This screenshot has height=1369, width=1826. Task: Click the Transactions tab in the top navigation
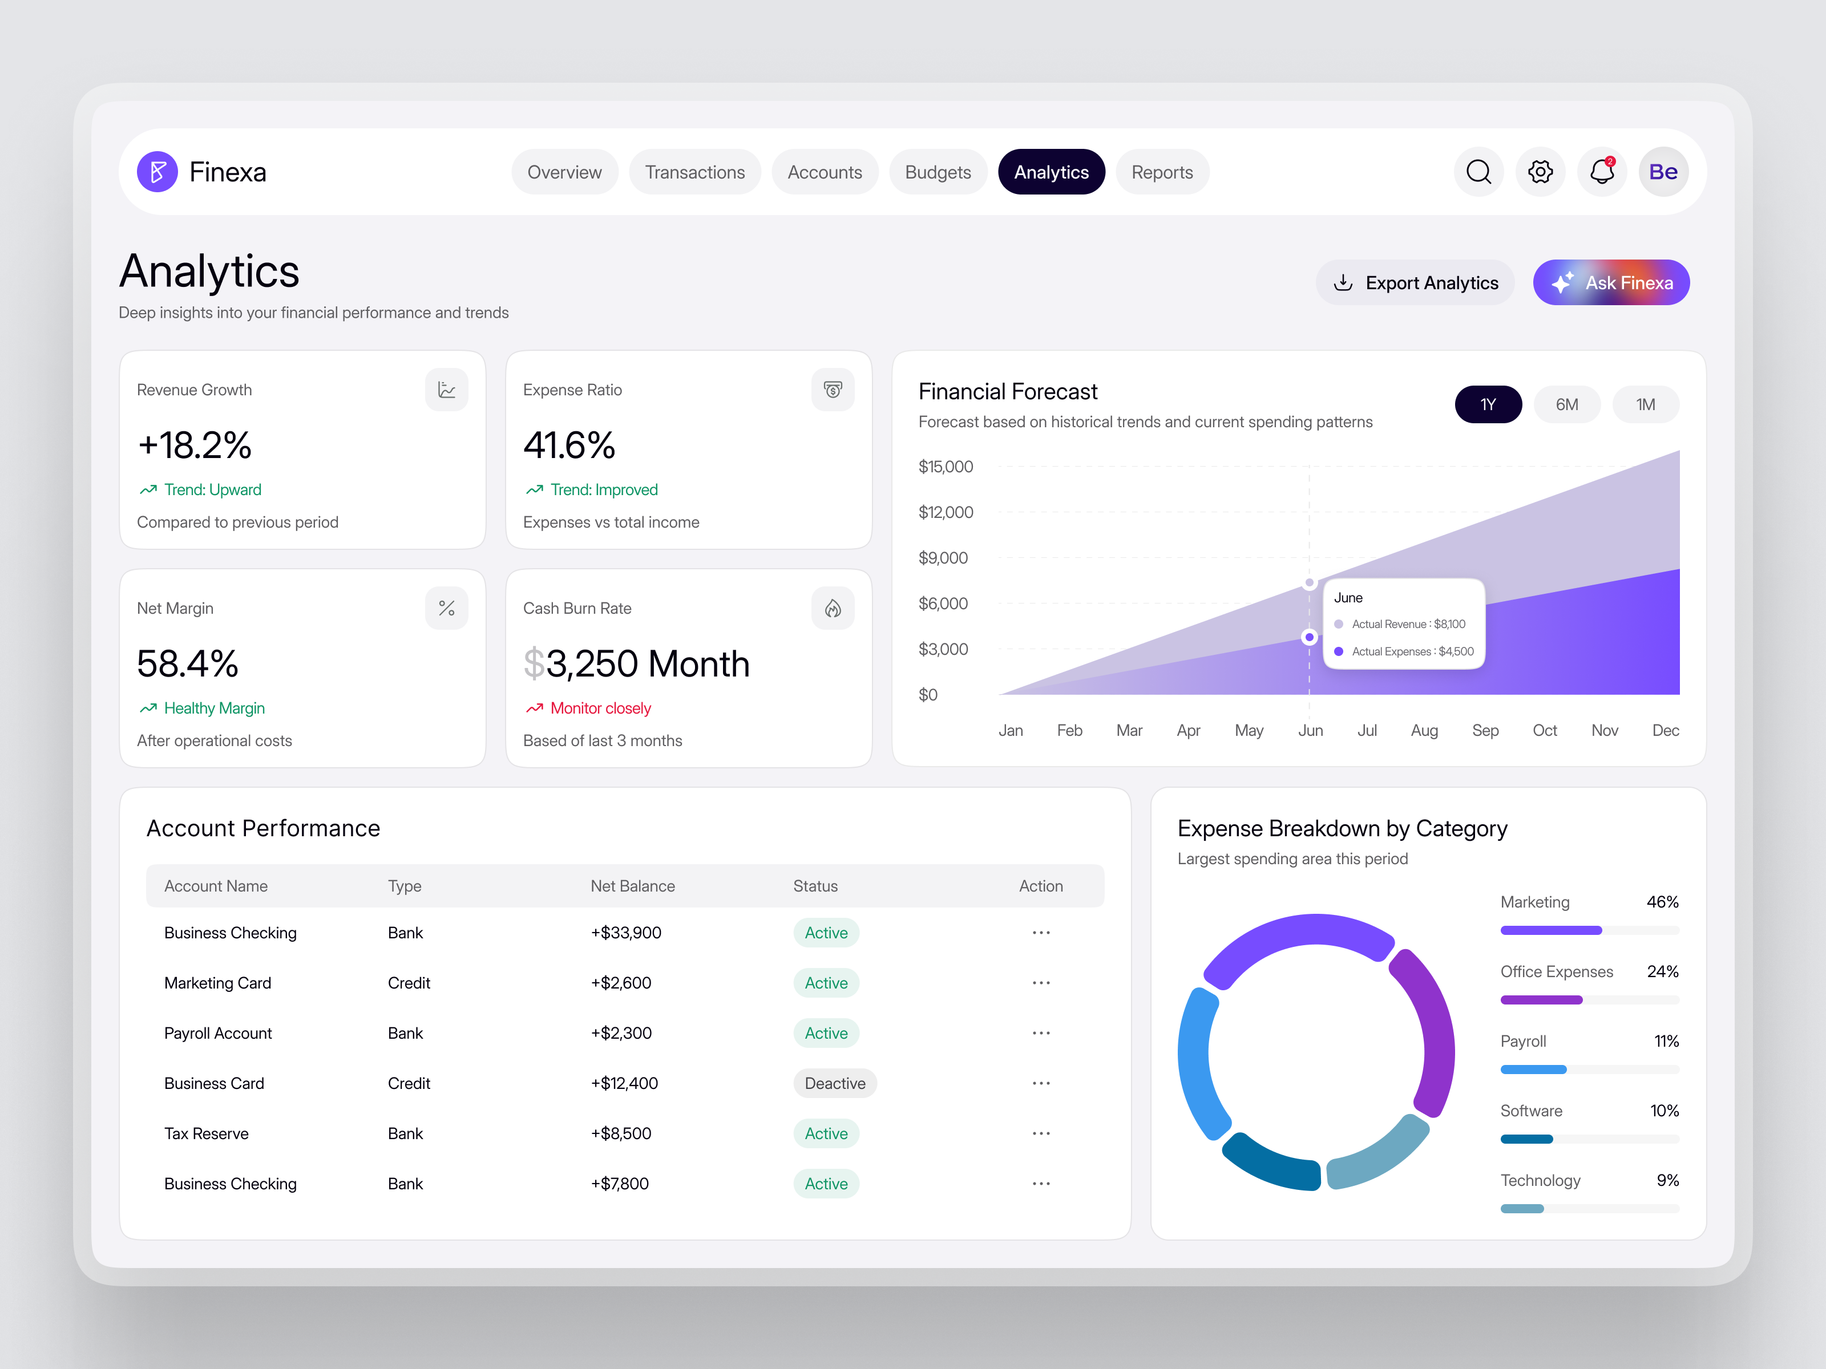tap(694, 172)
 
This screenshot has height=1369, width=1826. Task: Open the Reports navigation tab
tap(1161, 172)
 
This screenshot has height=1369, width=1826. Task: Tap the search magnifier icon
tap(1478, 172)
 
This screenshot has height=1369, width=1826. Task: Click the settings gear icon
tap(1540, 172)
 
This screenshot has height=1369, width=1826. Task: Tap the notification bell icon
tap(1602, 172)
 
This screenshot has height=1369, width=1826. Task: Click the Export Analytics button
tap(1415, 283)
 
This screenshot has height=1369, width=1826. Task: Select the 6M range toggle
tap(1566, 404)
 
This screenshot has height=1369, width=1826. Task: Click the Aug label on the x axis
tap(1424, 730)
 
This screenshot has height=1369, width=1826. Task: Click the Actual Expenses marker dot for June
tap(1309, 637)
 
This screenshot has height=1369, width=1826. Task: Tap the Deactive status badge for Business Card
tap(835, 1083)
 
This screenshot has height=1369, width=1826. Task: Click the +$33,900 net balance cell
tap(626, 933)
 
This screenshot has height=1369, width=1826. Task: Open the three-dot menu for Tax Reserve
tap(1041, 1134)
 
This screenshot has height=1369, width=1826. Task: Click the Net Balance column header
tap(632, 886)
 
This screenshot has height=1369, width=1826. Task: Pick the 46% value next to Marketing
tap(1662, 902)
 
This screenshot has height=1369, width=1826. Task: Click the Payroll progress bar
tap(1589, 1070)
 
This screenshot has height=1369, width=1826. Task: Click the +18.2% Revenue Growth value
tap(195, 445)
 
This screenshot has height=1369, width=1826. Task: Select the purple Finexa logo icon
tap(157, 172)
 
